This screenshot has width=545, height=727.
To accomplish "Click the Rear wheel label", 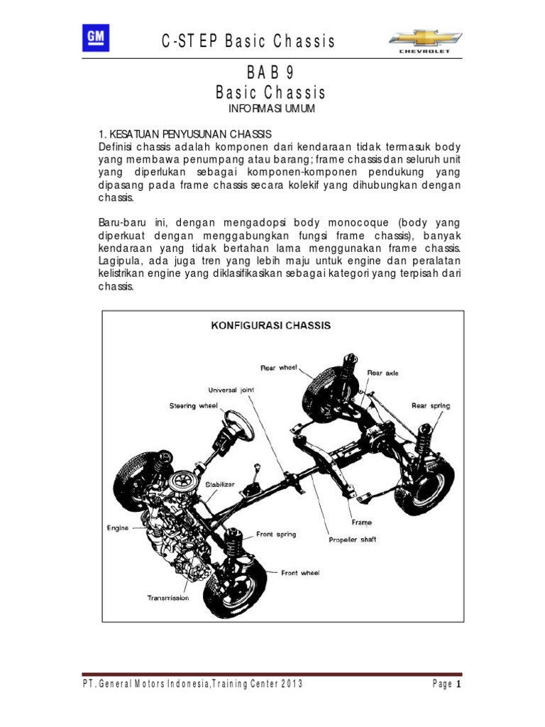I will pos(278,367).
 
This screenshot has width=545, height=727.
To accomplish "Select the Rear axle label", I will pos(383,372).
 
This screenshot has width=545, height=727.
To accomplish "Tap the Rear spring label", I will pos(430,405).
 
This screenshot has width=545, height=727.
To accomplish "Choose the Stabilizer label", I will pos(219,484).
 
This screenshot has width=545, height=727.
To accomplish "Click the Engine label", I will pos(119,528).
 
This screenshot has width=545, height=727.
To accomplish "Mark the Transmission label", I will pos(168,598).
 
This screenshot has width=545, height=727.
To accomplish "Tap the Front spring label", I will pos(276,534).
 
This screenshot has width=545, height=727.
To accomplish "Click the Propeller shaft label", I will pos(352,540).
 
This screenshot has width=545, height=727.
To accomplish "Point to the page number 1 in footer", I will pos(458,684).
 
